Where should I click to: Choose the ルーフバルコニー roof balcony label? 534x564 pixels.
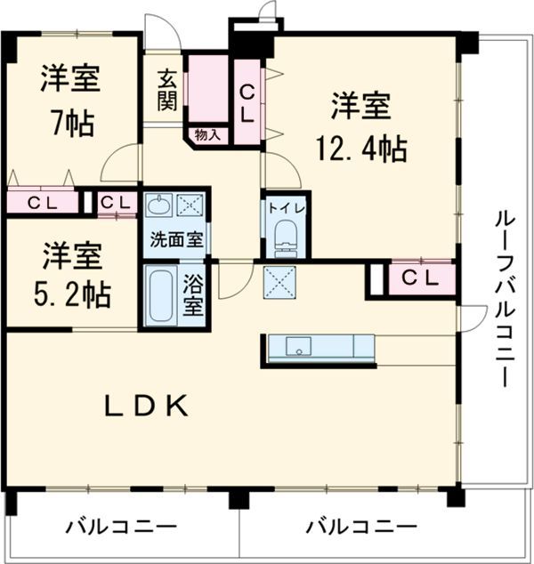(x=501, y=299)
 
